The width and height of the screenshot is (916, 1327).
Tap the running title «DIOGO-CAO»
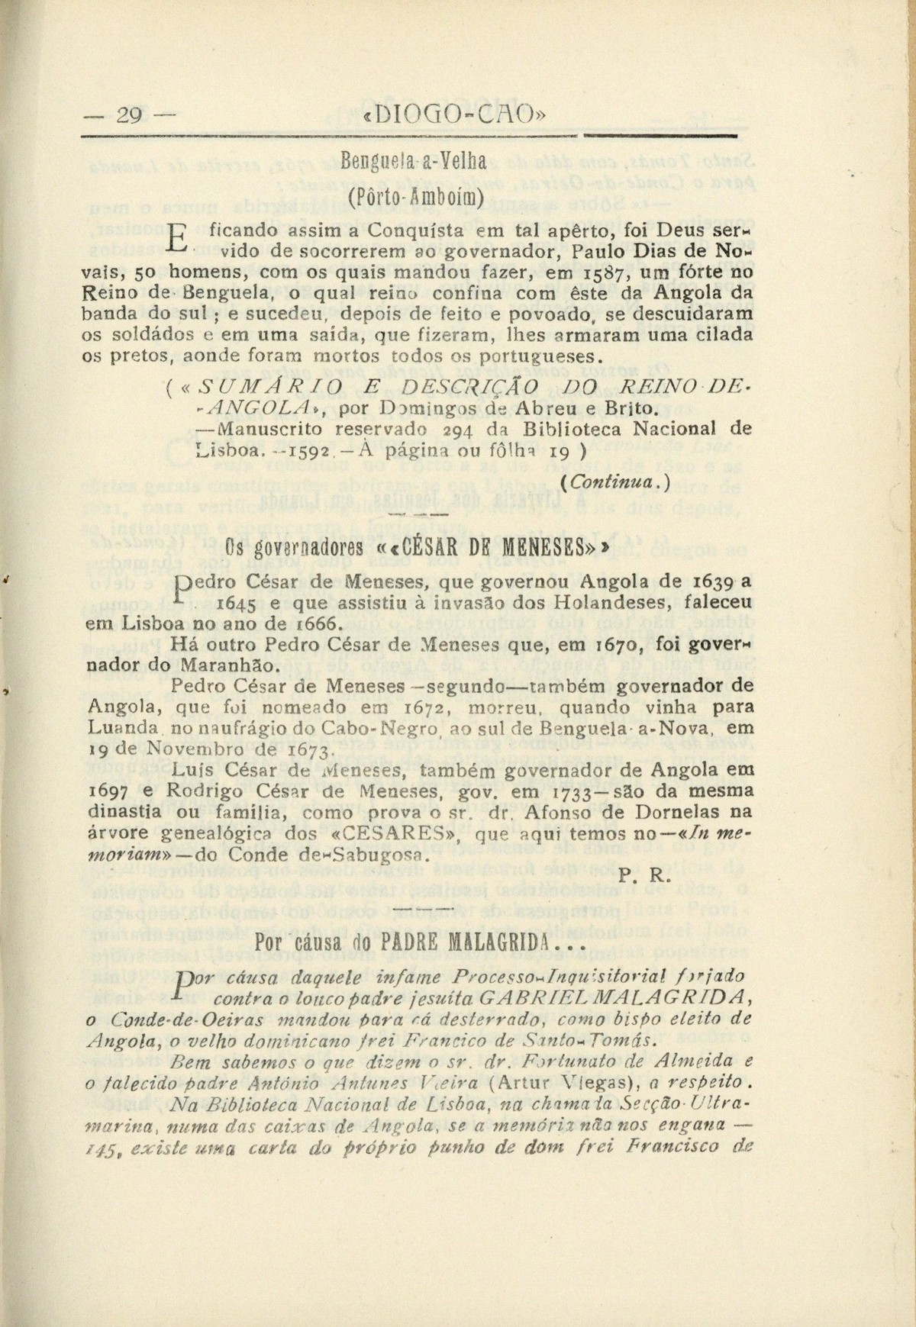coord(456,115)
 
